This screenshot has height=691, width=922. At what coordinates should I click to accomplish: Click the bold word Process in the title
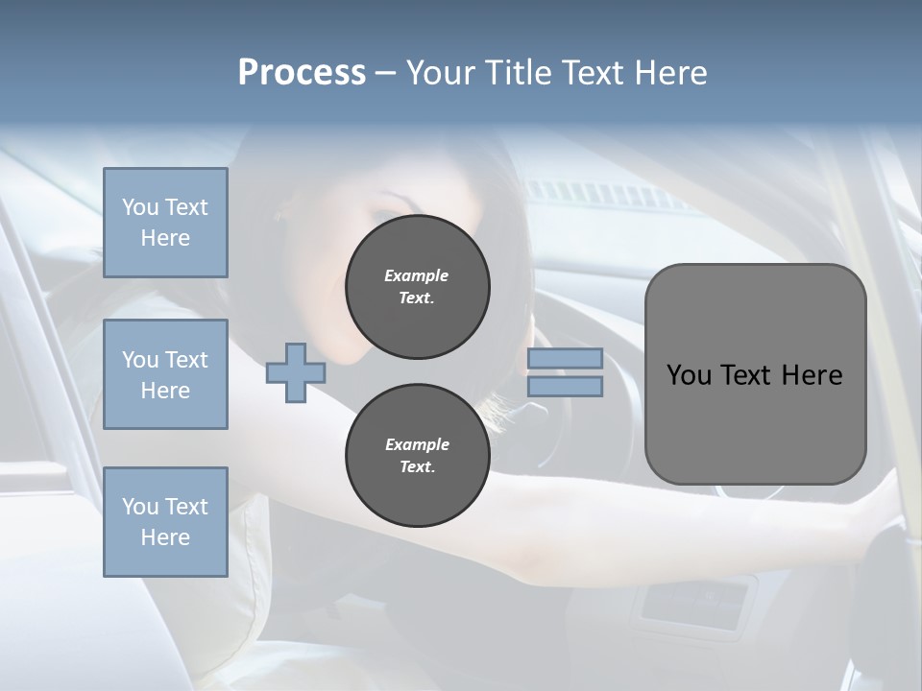pos(302,73)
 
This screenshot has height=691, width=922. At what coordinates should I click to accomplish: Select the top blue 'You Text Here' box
pos(165,223)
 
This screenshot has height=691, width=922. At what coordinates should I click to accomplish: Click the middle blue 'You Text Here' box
pos(165,374)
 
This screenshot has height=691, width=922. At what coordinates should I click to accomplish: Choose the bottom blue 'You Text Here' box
pos(165,522)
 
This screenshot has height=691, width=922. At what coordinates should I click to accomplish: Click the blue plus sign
pos(295,373)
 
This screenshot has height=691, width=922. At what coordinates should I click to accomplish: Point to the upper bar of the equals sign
pos(566,358)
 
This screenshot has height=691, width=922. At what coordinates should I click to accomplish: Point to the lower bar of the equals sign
pos(566,386)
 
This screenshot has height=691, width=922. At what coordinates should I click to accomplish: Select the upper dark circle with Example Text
pos(417,287)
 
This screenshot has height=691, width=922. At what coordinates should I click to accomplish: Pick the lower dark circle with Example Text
pos(417,456)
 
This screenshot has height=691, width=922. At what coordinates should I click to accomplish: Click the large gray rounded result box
pos(755,422)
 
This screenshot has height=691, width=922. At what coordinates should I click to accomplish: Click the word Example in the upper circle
pos(417,275)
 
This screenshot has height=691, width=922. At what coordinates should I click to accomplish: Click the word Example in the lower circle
pos(417,444)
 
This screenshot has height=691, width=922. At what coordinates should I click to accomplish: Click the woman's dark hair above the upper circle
pos(451,182)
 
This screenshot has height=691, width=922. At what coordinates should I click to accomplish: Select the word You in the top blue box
pos(140,207)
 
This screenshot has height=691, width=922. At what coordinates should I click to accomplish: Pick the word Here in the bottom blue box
pos(165,537)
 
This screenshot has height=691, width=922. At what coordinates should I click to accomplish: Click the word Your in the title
pos(440,73)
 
